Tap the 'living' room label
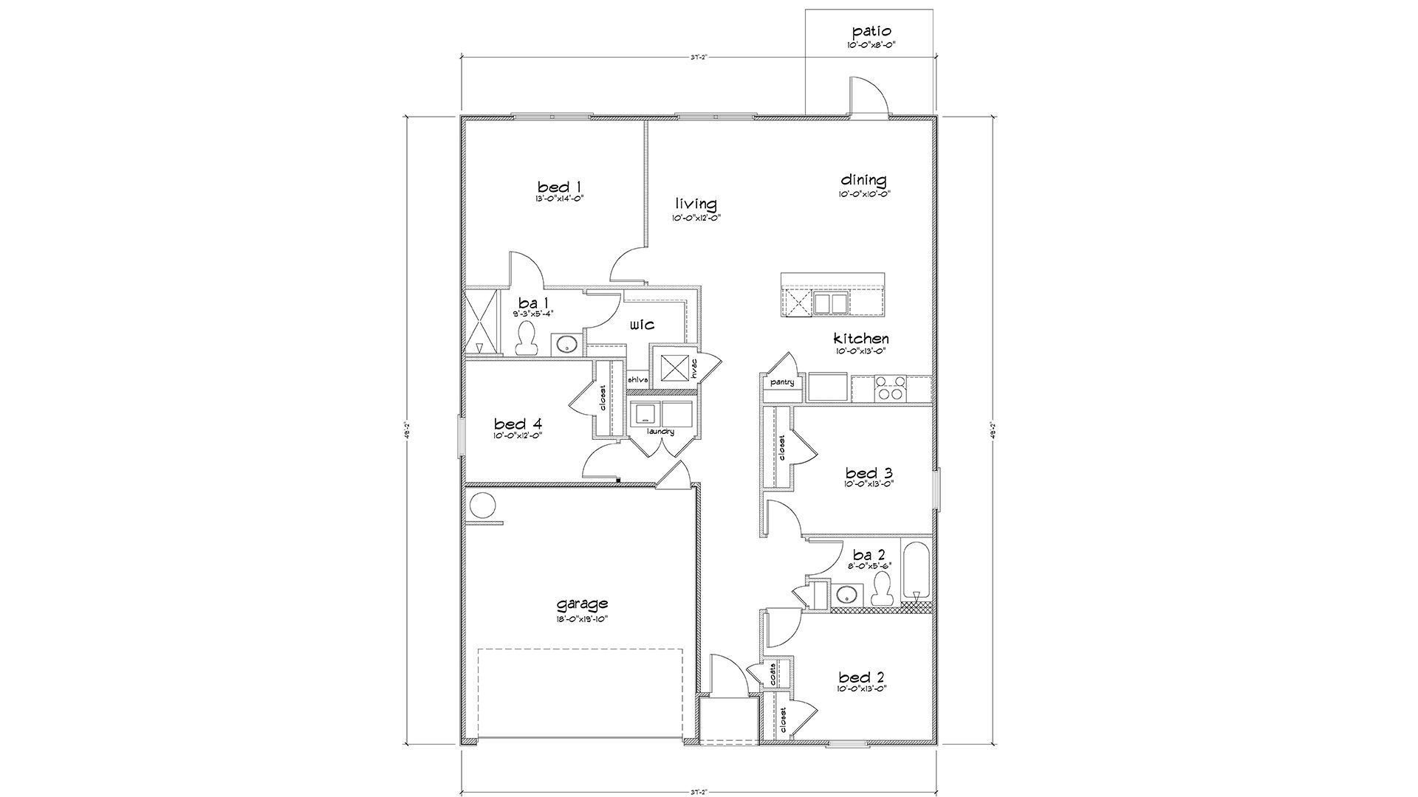(x=696, y=204)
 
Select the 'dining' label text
(x=863, y=180)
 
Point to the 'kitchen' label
(x=861, y=339)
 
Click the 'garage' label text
(x=582, y=604)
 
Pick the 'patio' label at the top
(x=871, y=31)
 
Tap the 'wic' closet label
(x=642, y=325)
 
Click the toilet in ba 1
(x=526, y=339)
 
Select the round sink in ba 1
(x=566, y=344)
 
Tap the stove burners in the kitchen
(x=889, y=388)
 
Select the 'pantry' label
(x=781, y=382)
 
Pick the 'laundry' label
(x=660, y=432)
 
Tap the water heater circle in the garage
(x=483, y=506)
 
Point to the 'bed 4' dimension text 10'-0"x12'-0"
(x=518, y=436)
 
